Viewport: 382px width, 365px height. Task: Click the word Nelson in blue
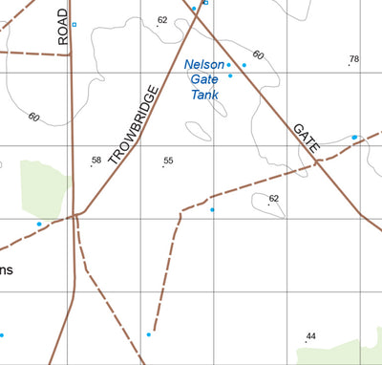[203, 65]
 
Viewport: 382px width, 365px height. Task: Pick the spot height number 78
[354, 59]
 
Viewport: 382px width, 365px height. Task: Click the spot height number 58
[95, 160]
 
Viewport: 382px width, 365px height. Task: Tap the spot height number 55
[168, 161]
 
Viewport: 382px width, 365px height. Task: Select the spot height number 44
[310, 336]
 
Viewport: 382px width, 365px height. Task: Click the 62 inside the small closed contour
[274, 199]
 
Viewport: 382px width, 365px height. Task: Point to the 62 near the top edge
[162, 20]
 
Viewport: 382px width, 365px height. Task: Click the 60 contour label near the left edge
[34, 118]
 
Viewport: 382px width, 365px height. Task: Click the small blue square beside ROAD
[74, 24]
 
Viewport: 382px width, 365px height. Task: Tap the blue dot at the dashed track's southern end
[149, 334]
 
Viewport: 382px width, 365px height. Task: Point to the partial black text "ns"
[7, 269]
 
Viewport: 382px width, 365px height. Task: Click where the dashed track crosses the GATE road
[319, 163]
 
